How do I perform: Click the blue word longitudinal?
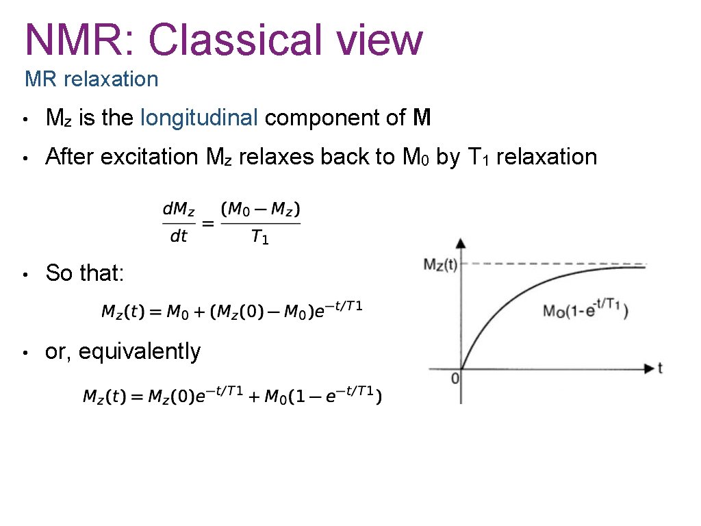pyautogui.click(x=199, y=118)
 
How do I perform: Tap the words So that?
pyautogui.click(x=84, y=273)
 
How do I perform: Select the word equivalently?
pyautogui.click(x=140, y=351)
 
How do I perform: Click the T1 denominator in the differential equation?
pyautogui.click(x=260, y=237)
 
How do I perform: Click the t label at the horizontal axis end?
pyautogui.click(x=660, y=368)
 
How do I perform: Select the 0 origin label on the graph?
pyautogui.click(x=455, y=377)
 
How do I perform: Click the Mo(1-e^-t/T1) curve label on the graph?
pyautogui.click(x=585, y=310)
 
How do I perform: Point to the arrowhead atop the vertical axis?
pyautogui.click(x=461, y=243)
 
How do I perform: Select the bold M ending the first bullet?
pyautogui.click(x=422, y=118)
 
